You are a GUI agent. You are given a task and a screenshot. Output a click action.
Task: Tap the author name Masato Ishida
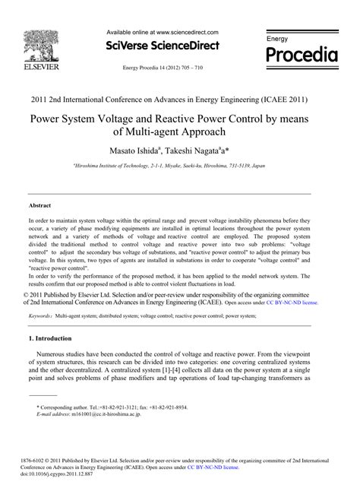coord(138,150)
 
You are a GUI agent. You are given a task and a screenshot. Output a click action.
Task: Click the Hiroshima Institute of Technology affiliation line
coord(179,165)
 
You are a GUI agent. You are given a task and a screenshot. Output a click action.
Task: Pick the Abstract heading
coord(40,206)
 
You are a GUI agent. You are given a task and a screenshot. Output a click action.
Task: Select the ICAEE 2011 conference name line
coord(180,99)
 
